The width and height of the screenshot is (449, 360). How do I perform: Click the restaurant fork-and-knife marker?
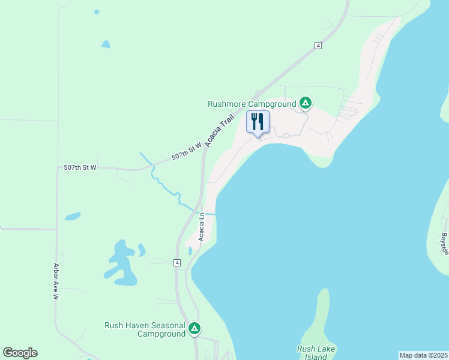tap(258, 122)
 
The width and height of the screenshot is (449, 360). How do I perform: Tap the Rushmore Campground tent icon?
tap(306, 103)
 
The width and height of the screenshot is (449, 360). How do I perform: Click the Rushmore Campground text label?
tap(252, 103)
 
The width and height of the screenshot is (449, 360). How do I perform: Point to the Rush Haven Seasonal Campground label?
tap(145, 329)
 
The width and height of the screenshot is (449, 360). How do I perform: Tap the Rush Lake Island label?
tap(316, 352)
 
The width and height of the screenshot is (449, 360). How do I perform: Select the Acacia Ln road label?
tap(203, 227)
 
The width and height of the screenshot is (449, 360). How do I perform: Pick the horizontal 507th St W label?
tap(80, 168)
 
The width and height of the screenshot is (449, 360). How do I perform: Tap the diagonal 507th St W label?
tap(186, 150)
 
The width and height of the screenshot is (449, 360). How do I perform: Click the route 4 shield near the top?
tap(318, 46)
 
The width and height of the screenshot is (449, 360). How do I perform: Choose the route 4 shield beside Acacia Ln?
tap(177, 263)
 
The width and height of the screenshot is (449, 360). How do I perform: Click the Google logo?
tap(20, 353)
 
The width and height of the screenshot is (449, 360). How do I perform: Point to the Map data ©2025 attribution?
tap(423, 355)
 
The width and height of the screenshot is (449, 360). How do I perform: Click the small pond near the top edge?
tap(106, 44)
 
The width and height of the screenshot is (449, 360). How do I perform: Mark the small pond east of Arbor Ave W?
tap(73, 216)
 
